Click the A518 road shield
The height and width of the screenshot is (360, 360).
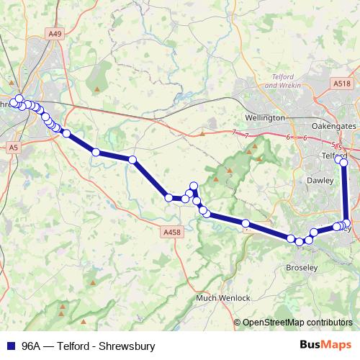pos(342,84)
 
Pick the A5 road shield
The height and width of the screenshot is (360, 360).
pos(13,147)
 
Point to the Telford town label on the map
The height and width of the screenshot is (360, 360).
pos(333,156)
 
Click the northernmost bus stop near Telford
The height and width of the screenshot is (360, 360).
pos(343,163)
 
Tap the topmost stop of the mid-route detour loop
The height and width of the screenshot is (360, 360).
pos(193,186)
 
